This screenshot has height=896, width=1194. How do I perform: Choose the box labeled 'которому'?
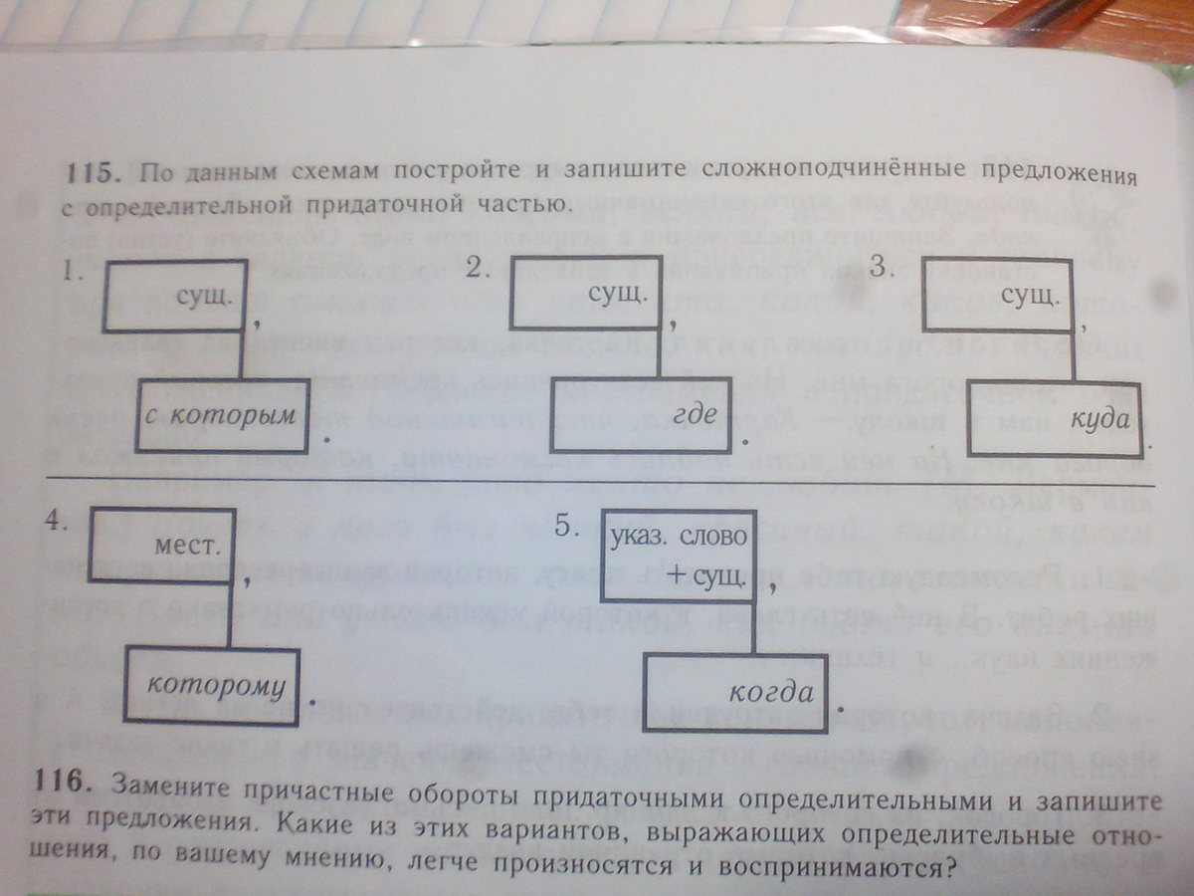(211, 685)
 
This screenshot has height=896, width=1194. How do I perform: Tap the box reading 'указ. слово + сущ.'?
(679, 556)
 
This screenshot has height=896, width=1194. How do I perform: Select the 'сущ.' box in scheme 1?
(176, 296)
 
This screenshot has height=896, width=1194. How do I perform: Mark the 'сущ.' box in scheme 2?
(584, 295)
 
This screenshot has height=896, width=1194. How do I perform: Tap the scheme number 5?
(566, 528)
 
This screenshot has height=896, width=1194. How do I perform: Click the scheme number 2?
(479, 267)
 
